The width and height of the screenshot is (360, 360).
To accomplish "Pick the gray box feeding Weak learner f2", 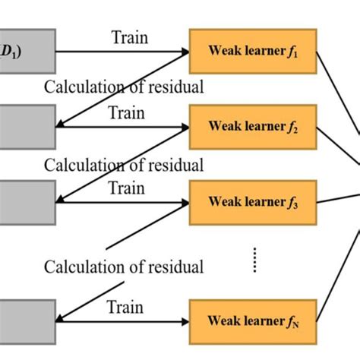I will point(27,126).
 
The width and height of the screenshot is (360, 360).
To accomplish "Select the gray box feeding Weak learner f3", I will point(27,201).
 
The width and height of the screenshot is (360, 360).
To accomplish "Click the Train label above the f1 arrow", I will point(131,37).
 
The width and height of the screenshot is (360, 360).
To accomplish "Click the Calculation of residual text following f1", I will point(124,87).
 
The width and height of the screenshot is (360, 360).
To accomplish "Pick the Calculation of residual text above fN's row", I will point(124,267).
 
